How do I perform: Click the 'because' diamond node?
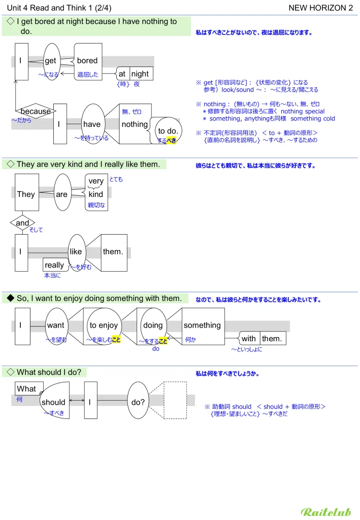tap(36, 111)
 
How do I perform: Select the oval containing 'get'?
tap(51, 61)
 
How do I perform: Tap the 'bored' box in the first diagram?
tap(87, 61)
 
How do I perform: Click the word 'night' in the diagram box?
tap(140, 74)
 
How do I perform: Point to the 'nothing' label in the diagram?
tap(135, 124)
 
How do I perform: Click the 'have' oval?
tap(92, 124)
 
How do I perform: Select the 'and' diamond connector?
tap(23, 223)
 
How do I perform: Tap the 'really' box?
tap(55, 265)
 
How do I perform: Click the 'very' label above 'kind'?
tap(95, 181)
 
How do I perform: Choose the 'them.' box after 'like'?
tap(113, 252)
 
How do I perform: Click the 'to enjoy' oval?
tap(104, 326)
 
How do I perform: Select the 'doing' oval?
tap(153, 326)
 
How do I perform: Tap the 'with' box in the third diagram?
tap(249, 339)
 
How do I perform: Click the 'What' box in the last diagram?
tap(27, 389)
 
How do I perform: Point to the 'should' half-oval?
tap(54, 402)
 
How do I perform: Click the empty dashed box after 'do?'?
tap(176, 401)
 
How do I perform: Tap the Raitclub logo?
tap(326, 511)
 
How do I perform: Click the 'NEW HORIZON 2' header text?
tap(320, 8)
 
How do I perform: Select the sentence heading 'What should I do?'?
tap(49, 372)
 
